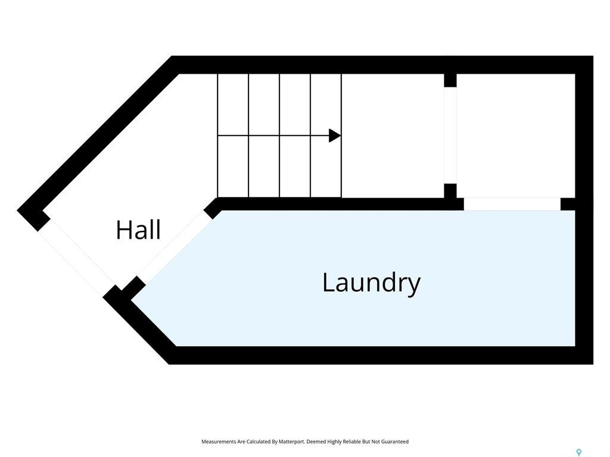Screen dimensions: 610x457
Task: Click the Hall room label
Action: click(x=138, y=230)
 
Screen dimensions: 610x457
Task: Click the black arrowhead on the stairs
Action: click(x=335, y=136)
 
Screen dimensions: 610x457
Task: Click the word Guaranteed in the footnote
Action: click(x=395, y=442)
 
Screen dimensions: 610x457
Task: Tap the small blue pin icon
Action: click(x=579, y=452)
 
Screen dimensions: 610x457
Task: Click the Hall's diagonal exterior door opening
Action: click(x=76, y=258)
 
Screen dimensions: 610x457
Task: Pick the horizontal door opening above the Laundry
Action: click(x=512, y=204)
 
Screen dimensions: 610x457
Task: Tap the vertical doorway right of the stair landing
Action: click(x=450, y=135)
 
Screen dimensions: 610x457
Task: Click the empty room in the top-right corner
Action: click(x=516, y=136)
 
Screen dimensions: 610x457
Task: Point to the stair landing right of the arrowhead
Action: click(x=393, y=136)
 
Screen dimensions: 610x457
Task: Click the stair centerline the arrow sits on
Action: click(x=279, y=136)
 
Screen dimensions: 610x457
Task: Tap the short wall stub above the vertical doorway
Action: click(x=450, y=80)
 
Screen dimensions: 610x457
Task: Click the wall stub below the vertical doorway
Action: click(x=450, y=191)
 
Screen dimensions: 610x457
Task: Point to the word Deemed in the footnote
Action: click(x=316, y=442)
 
